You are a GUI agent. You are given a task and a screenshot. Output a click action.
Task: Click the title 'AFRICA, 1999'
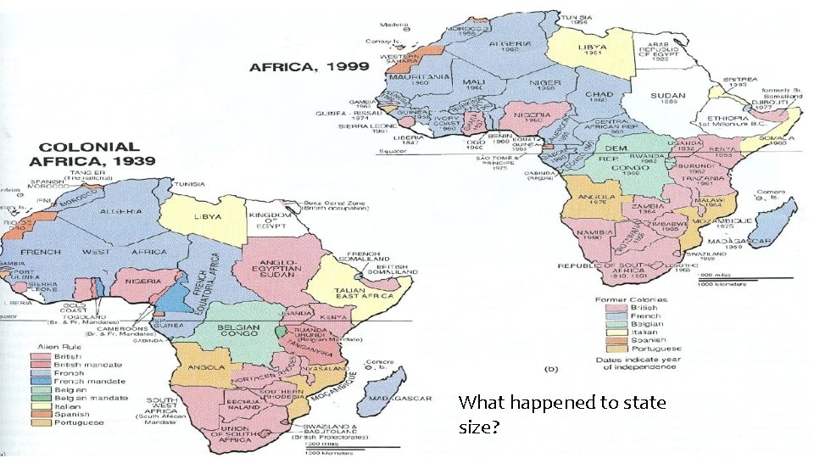coord(309,66)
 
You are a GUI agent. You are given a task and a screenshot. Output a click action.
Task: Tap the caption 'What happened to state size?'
coord(561,415)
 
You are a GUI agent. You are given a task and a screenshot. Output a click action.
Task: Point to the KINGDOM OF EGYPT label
coord(270,223)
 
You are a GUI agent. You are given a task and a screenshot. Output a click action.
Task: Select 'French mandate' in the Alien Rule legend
coord(80,380)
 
